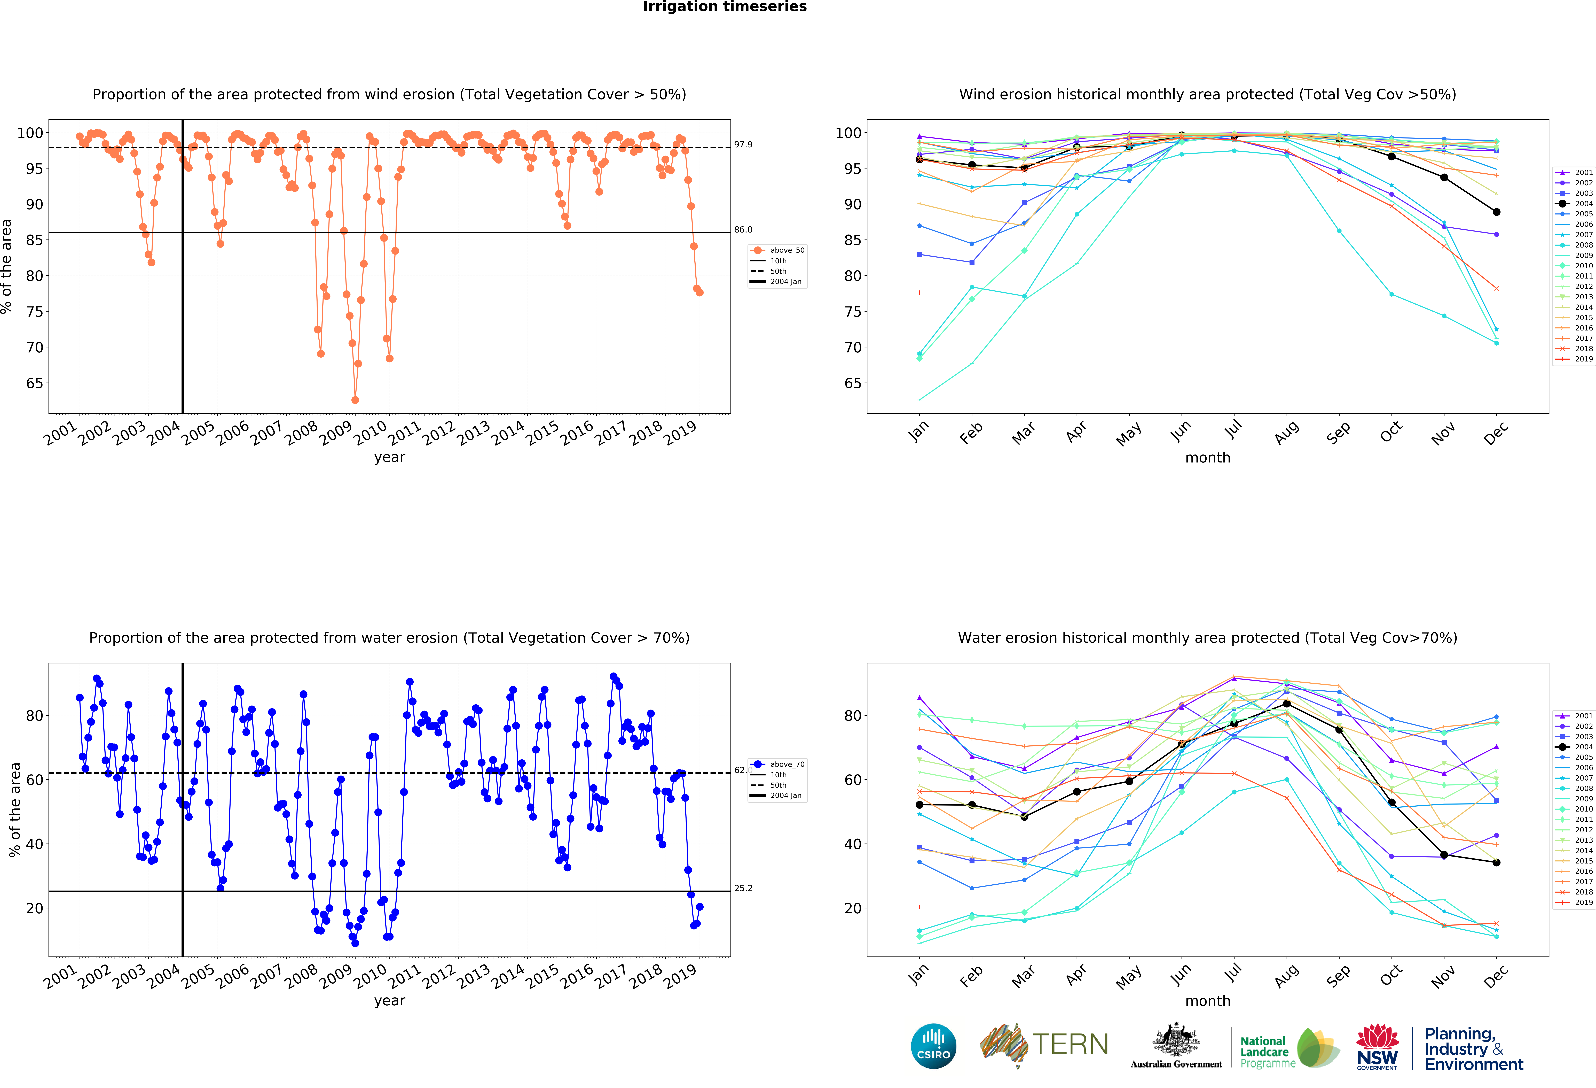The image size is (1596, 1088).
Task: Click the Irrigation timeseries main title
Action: [x=725, y=7]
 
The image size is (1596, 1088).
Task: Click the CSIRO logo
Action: [x=933, y=1046]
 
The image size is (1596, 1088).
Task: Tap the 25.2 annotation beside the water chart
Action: [x=743, y=888]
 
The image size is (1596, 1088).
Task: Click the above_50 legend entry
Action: [x=786, y=250]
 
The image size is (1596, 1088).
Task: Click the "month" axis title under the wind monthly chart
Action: [x=1207, y=457]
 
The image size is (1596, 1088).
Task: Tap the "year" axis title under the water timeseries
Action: [x=389, y=1001]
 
